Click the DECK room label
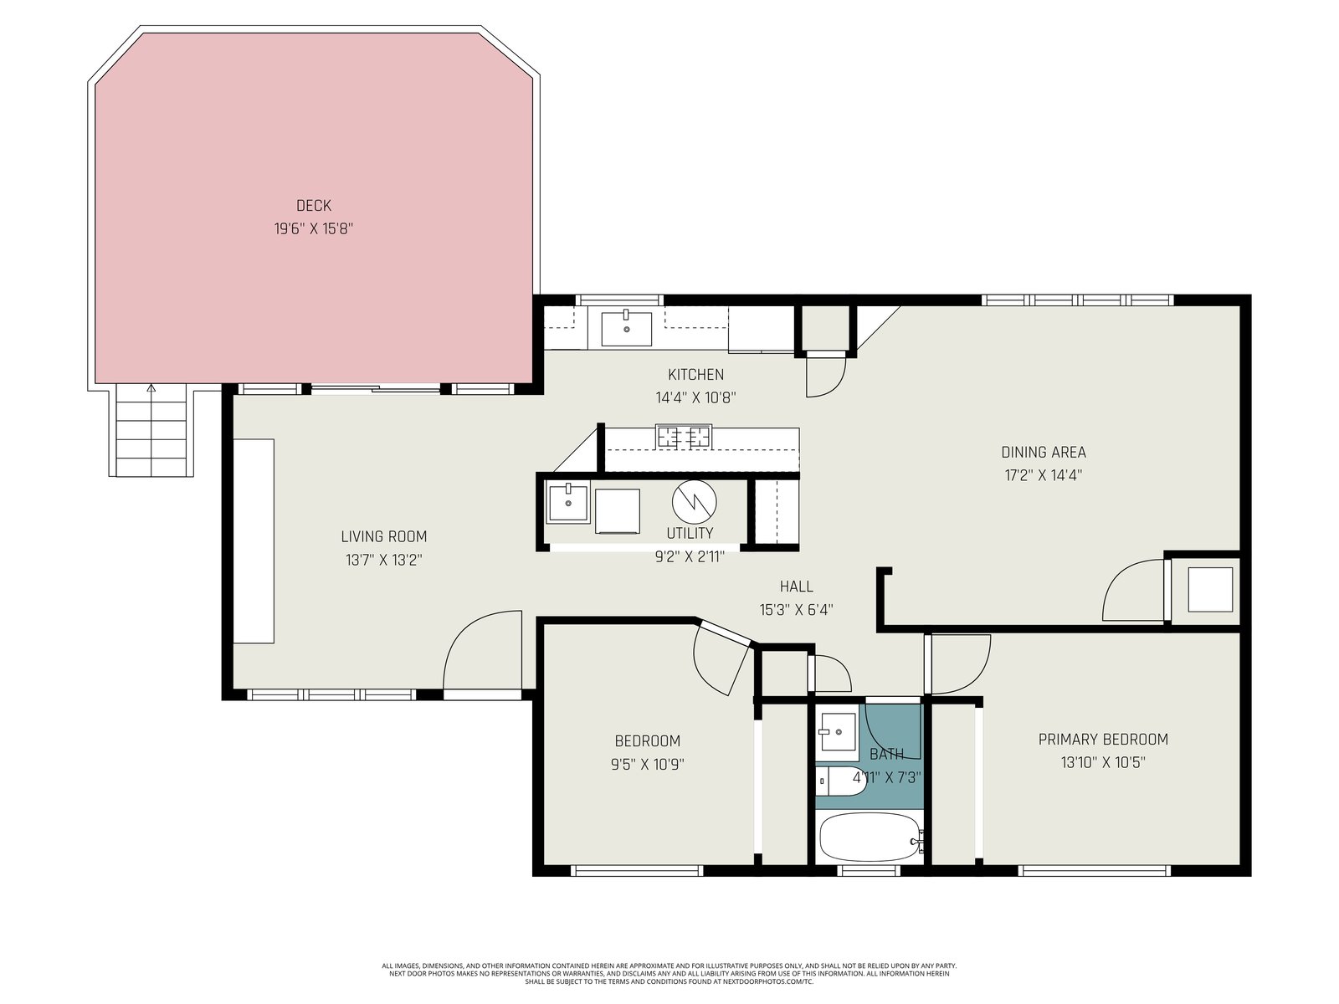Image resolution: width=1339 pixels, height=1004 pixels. [x=314, y=206]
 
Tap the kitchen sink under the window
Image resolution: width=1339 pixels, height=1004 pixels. [x=626, y=329]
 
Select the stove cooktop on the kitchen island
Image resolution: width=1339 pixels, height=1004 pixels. [x=683, y=437]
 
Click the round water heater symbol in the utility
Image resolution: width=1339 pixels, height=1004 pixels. [x=695, y=502]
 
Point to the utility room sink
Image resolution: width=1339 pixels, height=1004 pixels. [x=568, y=503]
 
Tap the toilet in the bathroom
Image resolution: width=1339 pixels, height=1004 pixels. [x=841, y=781]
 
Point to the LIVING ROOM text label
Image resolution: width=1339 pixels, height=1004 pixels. [x=383, y=536]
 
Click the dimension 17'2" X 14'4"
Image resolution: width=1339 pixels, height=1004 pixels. [x=1043, y=475]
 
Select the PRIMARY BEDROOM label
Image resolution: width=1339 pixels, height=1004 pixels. [x=1103, y=740]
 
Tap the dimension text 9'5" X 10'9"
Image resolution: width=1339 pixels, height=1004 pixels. [x=647, y=764]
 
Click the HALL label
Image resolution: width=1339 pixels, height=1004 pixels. [x=796, y=587]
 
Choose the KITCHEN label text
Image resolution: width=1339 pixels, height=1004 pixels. [x=695, y=374]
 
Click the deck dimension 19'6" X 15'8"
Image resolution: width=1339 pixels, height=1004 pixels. [x=314, y=228]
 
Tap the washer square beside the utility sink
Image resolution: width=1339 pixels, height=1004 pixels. [x=618, y=511]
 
